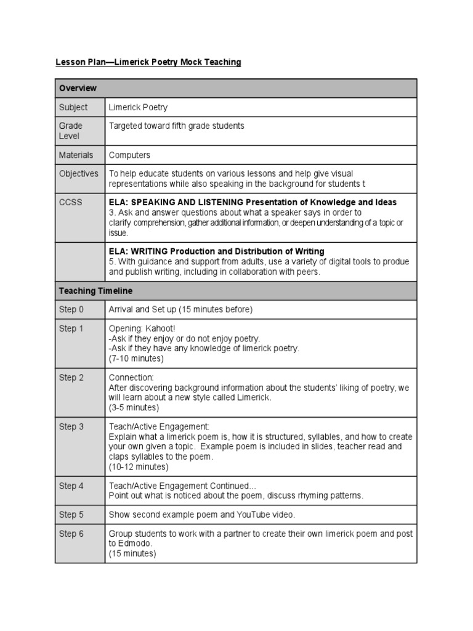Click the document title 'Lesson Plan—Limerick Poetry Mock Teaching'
(x=148, y=62)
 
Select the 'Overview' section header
(x=78, y=88)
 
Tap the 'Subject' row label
(x=73, y=107)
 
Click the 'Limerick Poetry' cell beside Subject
(x=138, y=107)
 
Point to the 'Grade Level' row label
(x=71, y=131)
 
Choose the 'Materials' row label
(x=76, y=155)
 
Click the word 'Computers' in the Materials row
(x=129, y=155)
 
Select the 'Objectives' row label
(x=78, y=174)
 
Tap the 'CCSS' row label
(x=70, y=202)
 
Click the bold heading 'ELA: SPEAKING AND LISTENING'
(x=176, y=202)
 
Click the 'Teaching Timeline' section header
(x=95, y=291)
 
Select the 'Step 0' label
(x=71, y=309)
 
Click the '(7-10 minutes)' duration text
(x=136, y=358)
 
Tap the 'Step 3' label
(x=71, y=426)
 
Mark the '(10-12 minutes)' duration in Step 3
(x=139, y=466)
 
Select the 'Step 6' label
(x=71, y=534)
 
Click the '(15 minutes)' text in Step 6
(x=132, y=553)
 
